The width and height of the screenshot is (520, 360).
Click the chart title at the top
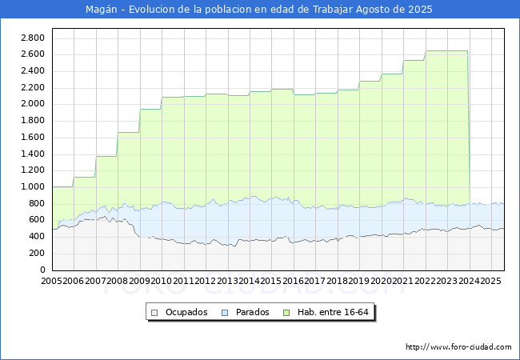259,10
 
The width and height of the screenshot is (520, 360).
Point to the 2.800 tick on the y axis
33,38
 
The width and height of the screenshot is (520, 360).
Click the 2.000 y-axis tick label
33,104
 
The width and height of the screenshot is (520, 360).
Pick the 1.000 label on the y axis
33,187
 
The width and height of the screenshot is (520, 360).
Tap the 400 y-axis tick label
36,237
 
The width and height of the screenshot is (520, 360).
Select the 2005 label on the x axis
52,281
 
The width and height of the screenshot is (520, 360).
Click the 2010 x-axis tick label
162,281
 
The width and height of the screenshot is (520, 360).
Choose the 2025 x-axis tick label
490,281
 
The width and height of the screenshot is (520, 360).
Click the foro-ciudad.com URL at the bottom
458,347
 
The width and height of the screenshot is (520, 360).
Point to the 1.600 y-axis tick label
33,138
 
